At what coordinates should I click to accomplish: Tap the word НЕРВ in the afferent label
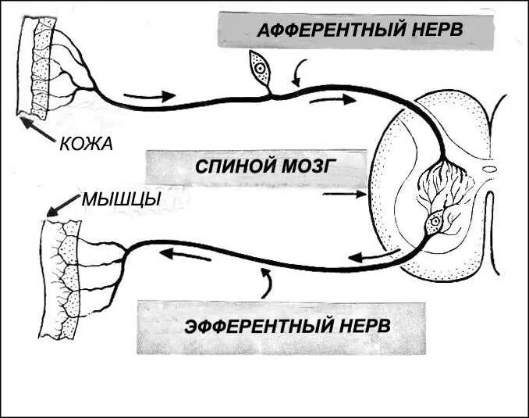[x=433, y=31]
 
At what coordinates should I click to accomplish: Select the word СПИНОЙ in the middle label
[x=229, y=166]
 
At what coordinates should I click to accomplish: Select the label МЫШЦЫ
[x=121, y=199]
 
